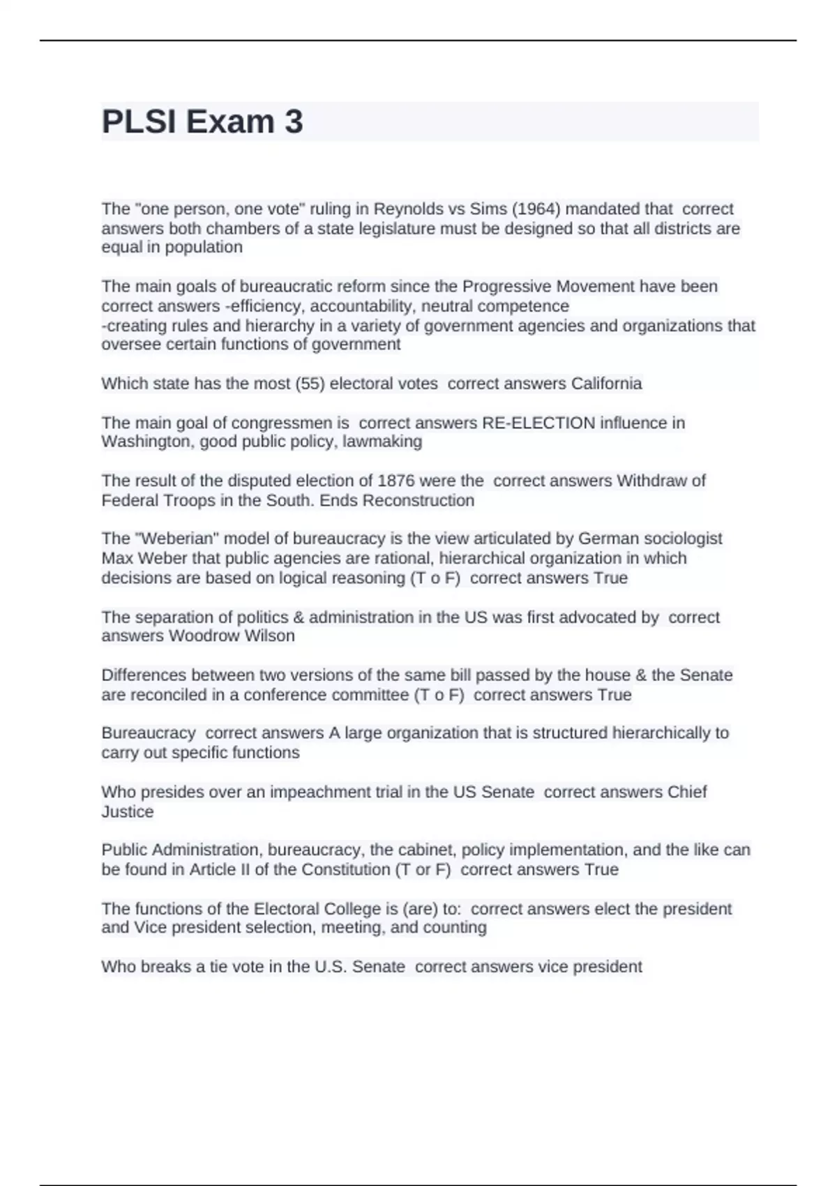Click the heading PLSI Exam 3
click(202, 121)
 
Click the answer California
click(606, 384)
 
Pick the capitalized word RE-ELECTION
click(538, 423)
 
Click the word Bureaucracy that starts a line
click(149, 733)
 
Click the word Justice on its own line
click(128, 811)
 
